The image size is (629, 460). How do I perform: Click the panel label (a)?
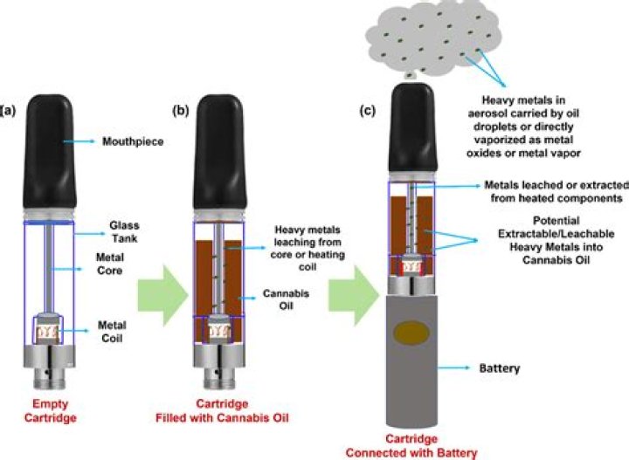tap(9, 111)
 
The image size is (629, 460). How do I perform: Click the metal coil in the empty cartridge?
tap(52, 332)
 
